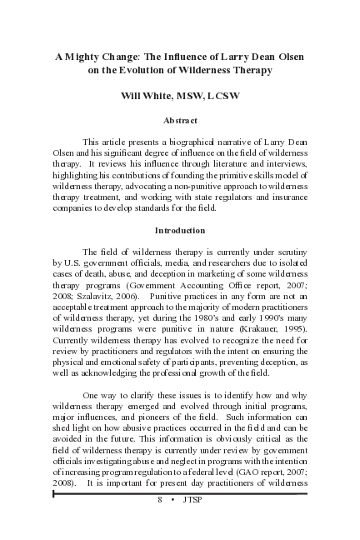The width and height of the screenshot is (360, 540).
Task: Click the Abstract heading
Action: [x=180, y=121]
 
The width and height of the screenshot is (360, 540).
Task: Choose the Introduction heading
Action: [x=180, y=230]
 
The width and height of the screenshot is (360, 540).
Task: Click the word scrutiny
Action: [x=287, y=251]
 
